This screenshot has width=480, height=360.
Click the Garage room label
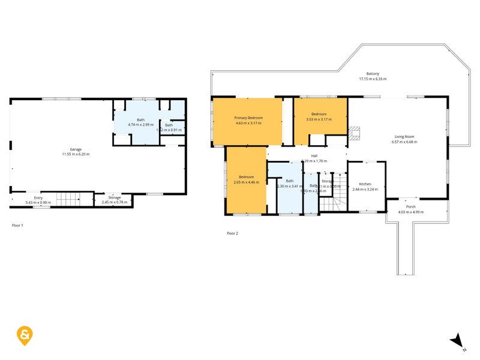75,149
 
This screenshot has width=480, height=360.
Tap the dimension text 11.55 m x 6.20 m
75,154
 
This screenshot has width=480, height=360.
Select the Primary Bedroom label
248,118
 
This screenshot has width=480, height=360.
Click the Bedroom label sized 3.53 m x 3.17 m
319,114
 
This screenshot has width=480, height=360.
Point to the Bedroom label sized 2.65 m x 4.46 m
246,177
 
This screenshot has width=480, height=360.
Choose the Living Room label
404,136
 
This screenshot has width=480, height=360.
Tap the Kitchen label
365,184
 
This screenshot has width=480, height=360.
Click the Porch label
411,207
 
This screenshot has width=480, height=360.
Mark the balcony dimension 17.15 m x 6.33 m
373,79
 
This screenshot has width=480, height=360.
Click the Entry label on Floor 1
38,197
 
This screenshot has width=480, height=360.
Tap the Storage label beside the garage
115,197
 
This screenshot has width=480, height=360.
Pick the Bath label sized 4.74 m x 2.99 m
140,120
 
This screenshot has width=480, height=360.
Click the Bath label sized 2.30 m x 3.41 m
290,181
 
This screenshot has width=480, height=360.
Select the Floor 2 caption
232,233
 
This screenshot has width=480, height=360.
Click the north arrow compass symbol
458,341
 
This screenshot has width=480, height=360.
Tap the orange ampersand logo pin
25,335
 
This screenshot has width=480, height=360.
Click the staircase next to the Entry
68,199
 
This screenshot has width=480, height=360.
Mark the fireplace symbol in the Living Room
354,132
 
